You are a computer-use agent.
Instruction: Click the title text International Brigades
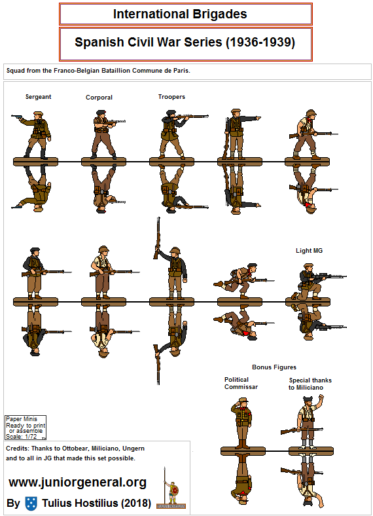(180, 14)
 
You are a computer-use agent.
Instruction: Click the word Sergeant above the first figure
(38, 97)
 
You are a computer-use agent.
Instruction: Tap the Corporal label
(99, 98)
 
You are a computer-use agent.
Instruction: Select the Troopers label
(171, 97)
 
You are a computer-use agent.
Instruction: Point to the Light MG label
(309, 250)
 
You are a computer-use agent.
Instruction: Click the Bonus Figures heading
(274, 367)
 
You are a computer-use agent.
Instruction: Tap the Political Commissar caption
(241, 383)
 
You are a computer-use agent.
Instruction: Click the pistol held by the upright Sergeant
(16, 117)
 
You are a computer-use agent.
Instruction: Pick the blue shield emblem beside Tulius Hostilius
(31, 504)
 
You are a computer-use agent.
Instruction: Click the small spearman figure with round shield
(171, 488)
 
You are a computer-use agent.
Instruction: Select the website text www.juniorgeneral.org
(78, 483)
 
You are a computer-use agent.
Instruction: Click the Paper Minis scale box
(26, 428)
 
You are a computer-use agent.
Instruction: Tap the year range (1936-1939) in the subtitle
(260, 43)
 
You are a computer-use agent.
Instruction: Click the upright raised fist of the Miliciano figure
(321, 397)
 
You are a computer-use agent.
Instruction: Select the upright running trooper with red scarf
(243, 280)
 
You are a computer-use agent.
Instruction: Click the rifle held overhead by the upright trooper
(158, 238)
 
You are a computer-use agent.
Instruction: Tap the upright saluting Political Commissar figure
(241, 423)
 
